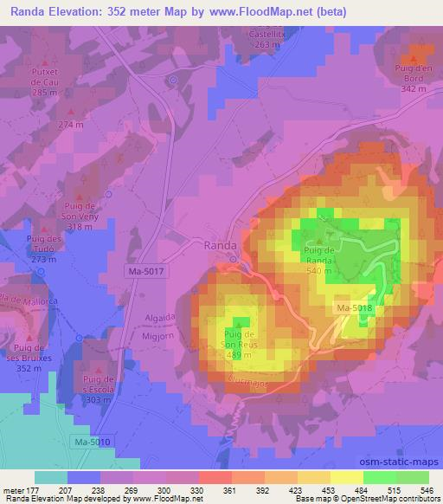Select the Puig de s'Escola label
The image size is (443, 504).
point(98,389)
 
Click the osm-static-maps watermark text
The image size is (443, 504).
point(405,463)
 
